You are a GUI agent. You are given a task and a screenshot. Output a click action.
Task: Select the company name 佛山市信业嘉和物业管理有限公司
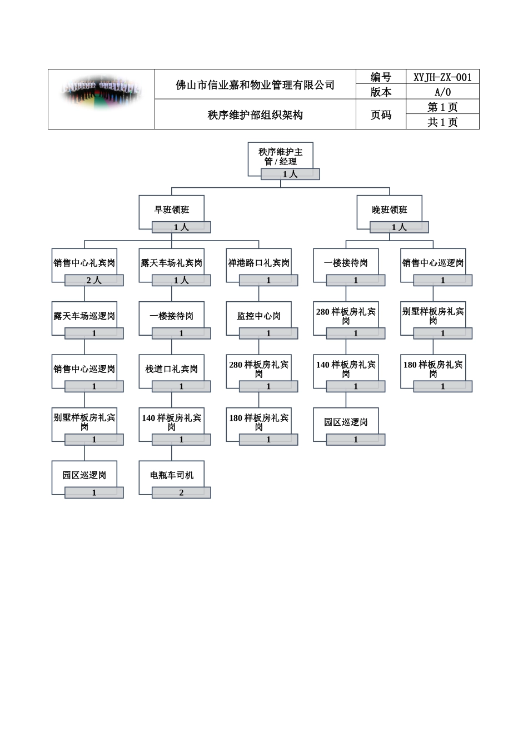255,85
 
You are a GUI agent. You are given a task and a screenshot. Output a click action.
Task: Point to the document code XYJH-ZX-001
442,77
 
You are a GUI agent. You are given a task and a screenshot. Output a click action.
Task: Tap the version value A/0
442,92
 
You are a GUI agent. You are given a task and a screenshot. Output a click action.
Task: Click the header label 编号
381,77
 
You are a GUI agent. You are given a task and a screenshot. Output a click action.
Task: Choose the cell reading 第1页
442,107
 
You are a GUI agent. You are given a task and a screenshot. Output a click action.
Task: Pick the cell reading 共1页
442,122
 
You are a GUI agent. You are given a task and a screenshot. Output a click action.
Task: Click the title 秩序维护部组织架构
255,115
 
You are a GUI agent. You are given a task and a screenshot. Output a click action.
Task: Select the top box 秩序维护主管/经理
281,156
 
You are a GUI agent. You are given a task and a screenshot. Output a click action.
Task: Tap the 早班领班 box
172,210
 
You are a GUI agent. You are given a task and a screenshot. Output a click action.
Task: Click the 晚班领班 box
390,210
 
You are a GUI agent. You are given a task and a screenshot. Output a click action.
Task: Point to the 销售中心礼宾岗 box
84,262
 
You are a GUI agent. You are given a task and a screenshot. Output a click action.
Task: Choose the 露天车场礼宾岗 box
172,262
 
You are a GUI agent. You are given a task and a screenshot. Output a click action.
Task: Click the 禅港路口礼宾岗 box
259,262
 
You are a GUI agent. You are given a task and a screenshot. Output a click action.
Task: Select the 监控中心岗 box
259,316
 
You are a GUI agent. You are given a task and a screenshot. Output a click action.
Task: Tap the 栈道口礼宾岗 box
172,368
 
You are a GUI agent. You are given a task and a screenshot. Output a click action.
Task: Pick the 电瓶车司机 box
172,475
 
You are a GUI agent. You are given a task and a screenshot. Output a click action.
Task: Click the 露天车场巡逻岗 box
84,316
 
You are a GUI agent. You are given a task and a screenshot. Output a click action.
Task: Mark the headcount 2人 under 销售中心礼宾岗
94,281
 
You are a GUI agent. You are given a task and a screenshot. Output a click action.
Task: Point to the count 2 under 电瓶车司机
181,493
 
